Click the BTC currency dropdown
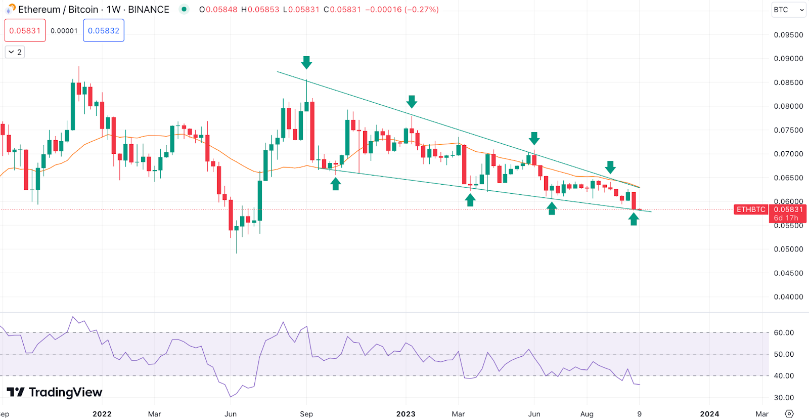coord(788,10)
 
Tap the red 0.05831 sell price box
coord(25,30)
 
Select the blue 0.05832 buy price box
coord(104,30)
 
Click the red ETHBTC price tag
coord(751,209)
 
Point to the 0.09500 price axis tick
coord(788,35)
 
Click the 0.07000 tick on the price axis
coord(788,154)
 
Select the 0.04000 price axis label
coord(788,297)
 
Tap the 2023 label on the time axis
coord(406,414)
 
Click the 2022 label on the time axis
coord(102,414)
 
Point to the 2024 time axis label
coord(709,414)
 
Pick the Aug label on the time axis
coord(587,414)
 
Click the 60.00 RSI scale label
coord(784,333)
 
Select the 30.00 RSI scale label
coord(784,398)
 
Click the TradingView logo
coord(55,392)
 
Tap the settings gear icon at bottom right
coord(789,414)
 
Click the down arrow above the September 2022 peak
coord(306,63)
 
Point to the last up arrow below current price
coord(634,219)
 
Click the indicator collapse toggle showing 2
coord(15,52)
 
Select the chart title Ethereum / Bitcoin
coord(58,10)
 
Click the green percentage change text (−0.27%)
coord(422,10)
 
